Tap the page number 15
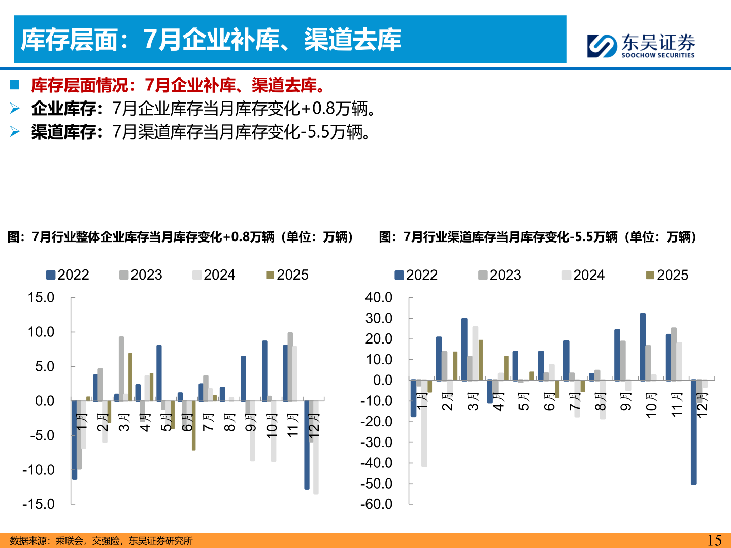coord(714,540)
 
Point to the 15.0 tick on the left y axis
coord(41,297)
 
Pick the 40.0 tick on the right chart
coord(379,297)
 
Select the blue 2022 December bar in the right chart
coord(693,431)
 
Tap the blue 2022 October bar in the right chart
coord(643,347)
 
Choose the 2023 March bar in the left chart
coord(121,369)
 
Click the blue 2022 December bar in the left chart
coord(307,444)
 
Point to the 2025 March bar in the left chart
coord(130,376)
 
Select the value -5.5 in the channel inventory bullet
coord(316,132)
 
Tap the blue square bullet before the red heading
coord(14,85)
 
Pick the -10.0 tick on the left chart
coord(39,470)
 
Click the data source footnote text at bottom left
coord(102,541)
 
